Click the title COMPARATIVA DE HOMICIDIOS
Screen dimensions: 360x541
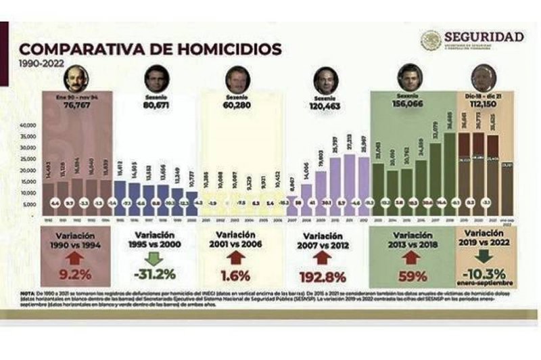pyautogui.click(x=150, y=49)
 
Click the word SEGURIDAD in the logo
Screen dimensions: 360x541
pyautogui.click(x=484, y=37)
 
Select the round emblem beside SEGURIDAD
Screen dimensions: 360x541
pyautogui.click(x=431, y=41)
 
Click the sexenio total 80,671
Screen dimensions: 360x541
pyautogui.click(x=156, y=106)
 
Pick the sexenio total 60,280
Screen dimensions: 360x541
pyautogui.click(x=237, y=106)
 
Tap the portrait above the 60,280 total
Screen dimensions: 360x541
pyautogui.click(x=238, y=79)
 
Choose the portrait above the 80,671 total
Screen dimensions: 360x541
pyautogui.click(x=156, y=79)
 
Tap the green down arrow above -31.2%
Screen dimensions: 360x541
pyautogui.click(x=156, y=258)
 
